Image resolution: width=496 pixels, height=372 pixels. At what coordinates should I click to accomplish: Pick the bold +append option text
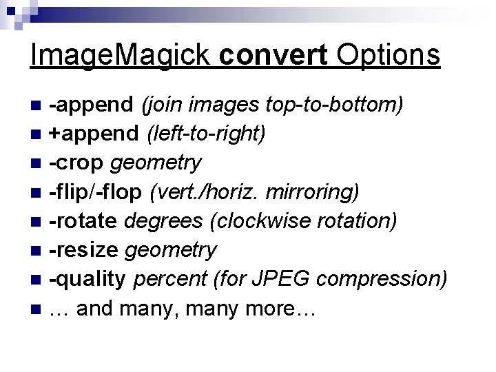[96, 134]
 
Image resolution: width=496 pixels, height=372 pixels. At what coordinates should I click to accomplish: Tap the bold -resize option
[85, 250]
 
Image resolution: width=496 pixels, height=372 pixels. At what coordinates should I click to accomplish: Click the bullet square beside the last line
[37, 309]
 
